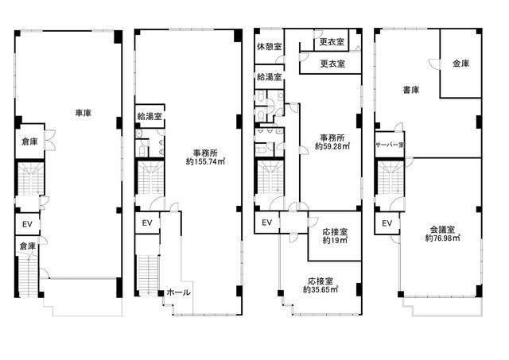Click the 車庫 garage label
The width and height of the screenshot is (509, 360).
point(83,113)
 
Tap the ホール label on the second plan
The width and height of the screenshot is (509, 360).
point(178,292)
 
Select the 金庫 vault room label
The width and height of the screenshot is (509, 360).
point(461,64)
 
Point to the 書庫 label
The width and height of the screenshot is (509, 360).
point(411,90)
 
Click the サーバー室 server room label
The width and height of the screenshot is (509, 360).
point(390,145)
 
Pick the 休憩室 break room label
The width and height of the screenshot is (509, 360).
point(269,47)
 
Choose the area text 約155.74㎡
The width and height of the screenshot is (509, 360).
point(205,161)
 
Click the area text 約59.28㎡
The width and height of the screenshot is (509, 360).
point(332,146)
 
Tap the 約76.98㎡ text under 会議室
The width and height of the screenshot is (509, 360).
point(443,238)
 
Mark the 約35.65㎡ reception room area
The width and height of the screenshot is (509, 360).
point(321,289)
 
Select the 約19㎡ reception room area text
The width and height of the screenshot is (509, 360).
point(335,240)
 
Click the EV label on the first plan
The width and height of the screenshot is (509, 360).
point(27,224)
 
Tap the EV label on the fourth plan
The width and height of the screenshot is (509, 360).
point(387,223)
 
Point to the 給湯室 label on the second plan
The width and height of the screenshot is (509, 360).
point(150,116)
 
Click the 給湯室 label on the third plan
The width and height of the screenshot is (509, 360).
point(269,77)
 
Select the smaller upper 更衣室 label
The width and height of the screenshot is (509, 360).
point(332,42)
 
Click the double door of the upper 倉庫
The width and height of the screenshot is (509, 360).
point(49,140)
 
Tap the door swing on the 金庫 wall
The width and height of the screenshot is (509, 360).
point(434,64)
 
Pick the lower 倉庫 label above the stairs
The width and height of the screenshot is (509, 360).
point(27,246)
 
